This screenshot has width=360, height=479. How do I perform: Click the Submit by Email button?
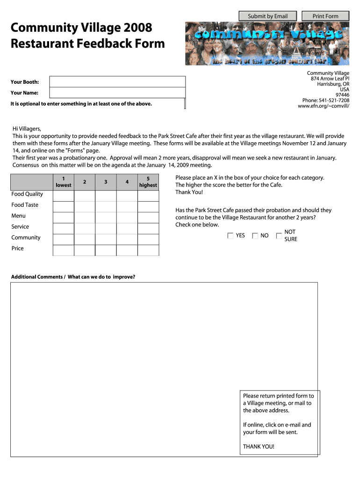[267, 16]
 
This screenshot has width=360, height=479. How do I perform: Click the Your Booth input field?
[117, 82]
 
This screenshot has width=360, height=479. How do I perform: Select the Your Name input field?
[117, 93]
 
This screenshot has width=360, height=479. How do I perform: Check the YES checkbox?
[230, 236]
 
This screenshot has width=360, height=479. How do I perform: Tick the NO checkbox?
[255, 236]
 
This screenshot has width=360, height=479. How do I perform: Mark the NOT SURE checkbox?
[279, 236]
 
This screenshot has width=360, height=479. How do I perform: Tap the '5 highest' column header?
[148, 181]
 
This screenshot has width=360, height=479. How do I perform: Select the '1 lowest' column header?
[64, 181]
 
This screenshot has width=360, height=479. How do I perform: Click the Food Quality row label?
[27, 194]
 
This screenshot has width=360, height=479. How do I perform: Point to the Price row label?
[18, 248]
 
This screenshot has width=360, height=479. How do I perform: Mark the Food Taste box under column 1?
[64, 207]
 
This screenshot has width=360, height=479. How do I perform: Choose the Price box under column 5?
[148, 250]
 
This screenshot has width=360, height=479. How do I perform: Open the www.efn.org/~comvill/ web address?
[323, 106]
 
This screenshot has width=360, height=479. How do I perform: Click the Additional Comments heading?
[73, 277]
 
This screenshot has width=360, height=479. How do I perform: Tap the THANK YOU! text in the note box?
[259, 446]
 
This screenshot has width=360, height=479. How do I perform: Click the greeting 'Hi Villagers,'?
[27, 129]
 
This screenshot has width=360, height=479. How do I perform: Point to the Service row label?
[20, 227]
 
